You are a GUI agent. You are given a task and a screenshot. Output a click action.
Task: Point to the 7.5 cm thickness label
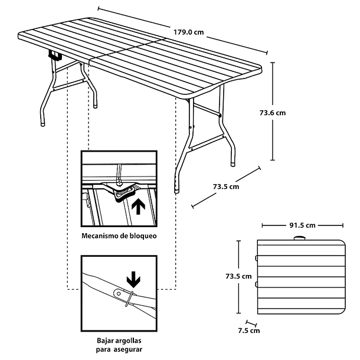[251, 330]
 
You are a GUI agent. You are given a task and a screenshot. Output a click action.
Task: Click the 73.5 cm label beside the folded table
[239, 276]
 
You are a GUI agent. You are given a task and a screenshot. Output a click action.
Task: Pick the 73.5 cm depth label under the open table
[225, 187]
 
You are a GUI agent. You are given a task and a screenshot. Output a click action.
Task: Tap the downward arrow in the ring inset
[133, 278]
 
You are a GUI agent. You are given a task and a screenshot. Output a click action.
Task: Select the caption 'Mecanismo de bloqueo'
[120, 235]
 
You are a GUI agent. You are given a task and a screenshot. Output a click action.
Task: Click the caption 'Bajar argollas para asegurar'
[120, 345]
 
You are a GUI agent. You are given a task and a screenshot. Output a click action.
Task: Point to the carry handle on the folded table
[301, 238]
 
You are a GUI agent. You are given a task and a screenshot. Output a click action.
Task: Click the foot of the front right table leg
[176, 189]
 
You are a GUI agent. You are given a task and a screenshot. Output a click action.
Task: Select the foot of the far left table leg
[43, 124]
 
